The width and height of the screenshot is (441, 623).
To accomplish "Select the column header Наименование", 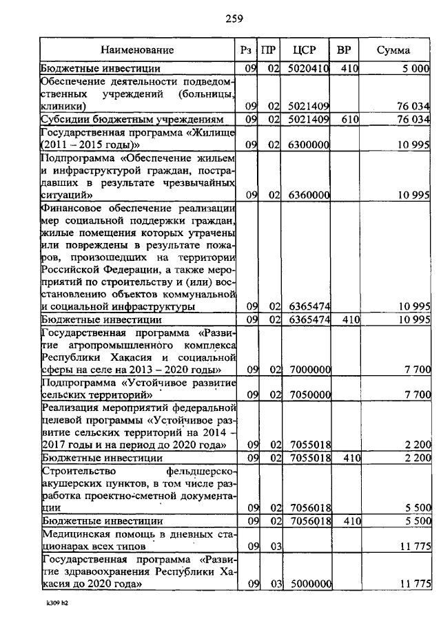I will point(137,50).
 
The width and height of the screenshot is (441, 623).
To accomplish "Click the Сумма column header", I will point(393,50).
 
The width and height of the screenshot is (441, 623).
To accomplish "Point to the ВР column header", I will point(342,50).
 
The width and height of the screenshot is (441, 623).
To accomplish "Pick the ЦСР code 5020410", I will point(308,68).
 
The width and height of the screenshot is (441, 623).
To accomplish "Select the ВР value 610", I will point(350,120).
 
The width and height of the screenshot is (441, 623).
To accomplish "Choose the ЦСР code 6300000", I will point(308,145).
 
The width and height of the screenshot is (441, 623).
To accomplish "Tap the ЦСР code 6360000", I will point(308,195).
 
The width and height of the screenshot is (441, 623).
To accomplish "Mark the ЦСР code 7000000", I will point(308,370).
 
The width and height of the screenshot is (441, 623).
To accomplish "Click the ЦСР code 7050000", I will point(308,395).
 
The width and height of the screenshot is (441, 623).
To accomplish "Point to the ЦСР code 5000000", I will point(308,584).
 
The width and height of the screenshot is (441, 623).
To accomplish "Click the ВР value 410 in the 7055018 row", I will point(350,457).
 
